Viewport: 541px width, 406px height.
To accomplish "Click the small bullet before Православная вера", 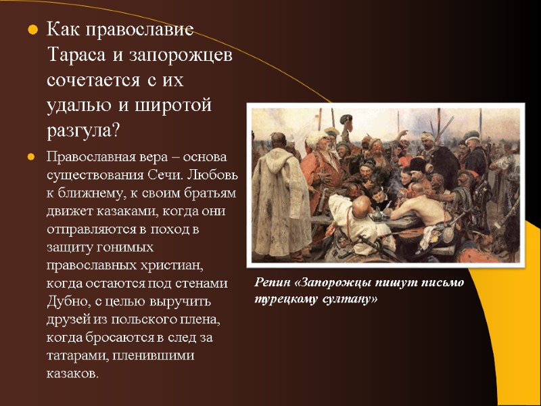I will click(30, 158).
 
